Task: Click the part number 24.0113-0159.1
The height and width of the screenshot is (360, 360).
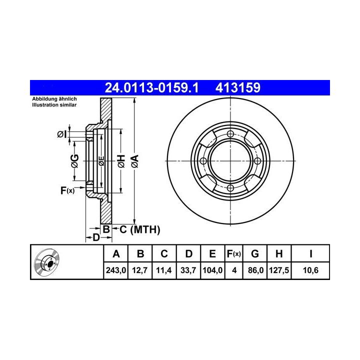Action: click(151, 87)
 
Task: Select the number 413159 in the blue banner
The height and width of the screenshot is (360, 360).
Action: click(238, 87)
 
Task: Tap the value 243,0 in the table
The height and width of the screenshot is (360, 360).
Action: click(116, 270)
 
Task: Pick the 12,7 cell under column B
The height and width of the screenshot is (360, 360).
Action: click(140, 270)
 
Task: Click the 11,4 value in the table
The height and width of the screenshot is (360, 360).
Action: click(163, 270)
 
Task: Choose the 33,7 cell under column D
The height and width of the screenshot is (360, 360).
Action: click(188, 270)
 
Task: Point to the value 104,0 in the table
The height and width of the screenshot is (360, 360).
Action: click(212, 270)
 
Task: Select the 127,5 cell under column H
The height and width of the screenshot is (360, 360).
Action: click(279, 270)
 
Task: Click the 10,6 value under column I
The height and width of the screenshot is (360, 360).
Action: click(310, 270)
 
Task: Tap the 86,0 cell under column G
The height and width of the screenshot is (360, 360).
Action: click(255, 270)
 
